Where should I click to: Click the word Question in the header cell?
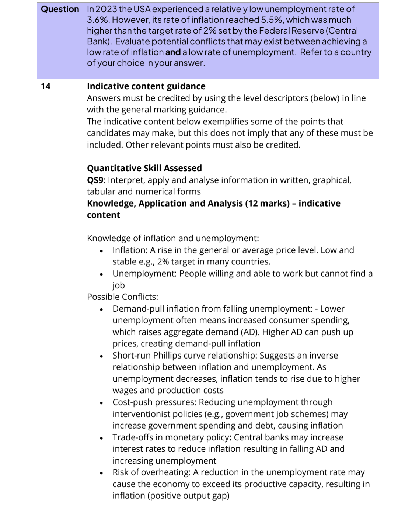click(60, 9)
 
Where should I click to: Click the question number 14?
click(46, 86)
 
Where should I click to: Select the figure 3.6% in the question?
click(98, 20)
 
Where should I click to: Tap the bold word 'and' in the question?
click(173, 52)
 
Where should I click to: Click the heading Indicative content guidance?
click(146, 86)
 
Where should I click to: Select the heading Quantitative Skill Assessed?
click(144, 168)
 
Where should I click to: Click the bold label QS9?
click(96, 180)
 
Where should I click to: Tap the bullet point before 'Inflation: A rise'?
click(101, 251)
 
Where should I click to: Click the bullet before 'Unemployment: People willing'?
click(101, 274)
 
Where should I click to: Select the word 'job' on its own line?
click(119, 285)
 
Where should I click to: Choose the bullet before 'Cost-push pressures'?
click(101, 403)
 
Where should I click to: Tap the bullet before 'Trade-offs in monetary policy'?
click(101, 438)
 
